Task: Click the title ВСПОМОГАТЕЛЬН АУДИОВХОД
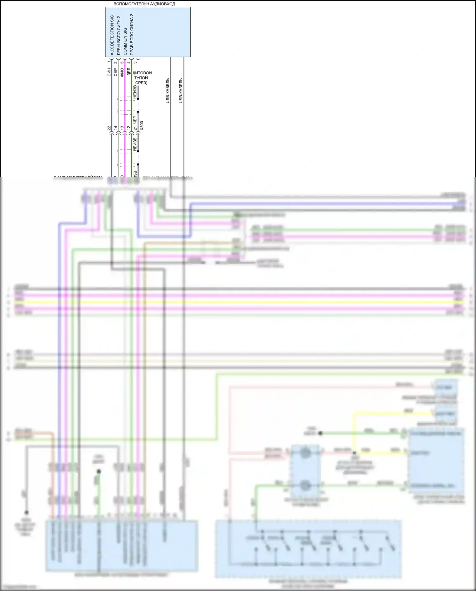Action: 144,4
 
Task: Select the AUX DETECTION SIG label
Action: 112,35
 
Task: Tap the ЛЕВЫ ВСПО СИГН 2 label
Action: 118,36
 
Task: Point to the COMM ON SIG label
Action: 125,41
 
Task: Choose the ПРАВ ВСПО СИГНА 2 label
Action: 132,34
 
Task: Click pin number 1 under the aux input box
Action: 109,61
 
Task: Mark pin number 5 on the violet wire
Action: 122,62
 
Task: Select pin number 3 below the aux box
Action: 136,62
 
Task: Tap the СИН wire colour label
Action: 109,72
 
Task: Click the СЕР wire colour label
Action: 116,72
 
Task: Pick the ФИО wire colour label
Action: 122,72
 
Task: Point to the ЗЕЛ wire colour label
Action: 129,72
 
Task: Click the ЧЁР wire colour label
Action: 135,120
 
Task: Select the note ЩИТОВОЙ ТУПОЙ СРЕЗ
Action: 141,78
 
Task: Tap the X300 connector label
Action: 142,125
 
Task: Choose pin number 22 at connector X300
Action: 109,128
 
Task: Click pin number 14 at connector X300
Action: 116,128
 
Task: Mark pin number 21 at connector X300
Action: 135,128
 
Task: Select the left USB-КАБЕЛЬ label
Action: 168,91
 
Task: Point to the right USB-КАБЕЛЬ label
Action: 181,91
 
